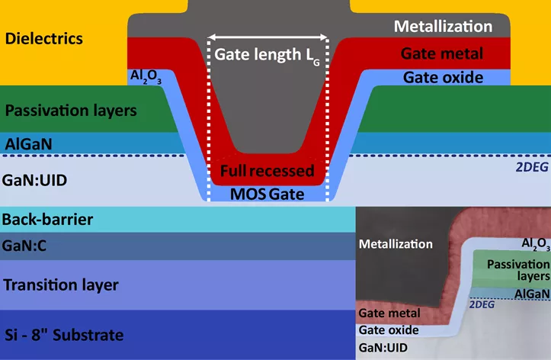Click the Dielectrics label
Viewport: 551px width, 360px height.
pos(43,38)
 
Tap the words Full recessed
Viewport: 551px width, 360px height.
pos(268,171)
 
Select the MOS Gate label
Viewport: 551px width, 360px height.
pos(268,194)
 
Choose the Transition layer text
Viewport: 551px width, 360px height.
pos(61,285)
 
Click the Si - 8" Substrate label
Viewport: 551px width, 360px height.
pos(63,335)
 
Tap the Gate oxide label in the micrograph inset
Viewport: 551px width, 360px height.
pos(388,330)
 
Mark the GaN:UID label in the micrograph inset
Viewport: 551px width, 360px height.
pos(385,347)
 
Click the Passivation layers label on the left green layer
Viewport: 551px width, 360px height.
pos(70,111)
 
